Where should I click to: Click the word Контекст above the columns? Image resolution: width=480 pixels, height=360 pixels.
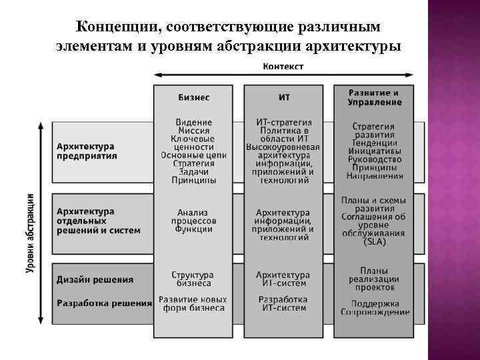click(283, 66)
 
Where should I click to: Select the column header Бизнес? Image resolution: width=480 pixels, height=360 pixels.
click(193, 97)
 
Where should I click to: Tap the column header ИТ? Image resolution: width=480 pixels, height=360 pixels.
click(283, 97)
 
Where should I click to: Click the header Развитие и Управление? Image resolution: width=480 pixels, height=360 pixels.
click(374, 97)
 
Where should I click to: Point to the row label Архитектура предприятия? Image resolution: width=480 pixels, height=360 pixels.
click(86, 151)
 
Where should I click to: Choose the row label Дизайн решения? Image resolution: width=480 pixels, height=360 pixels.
click(95, 280)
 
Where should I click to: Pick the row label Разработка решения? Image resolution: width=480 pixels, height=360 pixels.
click(104, 303)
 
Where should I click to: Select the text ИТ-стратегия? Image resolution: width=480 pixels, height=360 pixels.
click(284, 123)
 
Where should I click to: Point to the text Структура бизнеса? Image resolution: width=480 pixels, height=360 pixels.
click(193, 279)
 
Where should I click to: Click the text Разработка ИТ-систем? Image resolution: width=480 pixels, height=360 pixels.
click(283, 303)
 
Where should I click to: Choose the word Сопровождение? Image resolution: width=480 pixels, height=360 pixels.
click(375, 311)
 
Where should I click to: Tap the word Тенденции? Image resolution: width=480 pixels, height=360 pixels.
click(374, 143)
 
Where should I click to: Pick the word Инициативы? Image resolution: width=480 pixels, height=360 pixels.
click(374, 151)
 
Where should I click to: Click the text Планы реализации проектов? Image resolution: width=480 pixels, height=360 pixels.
click(374, 279)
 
